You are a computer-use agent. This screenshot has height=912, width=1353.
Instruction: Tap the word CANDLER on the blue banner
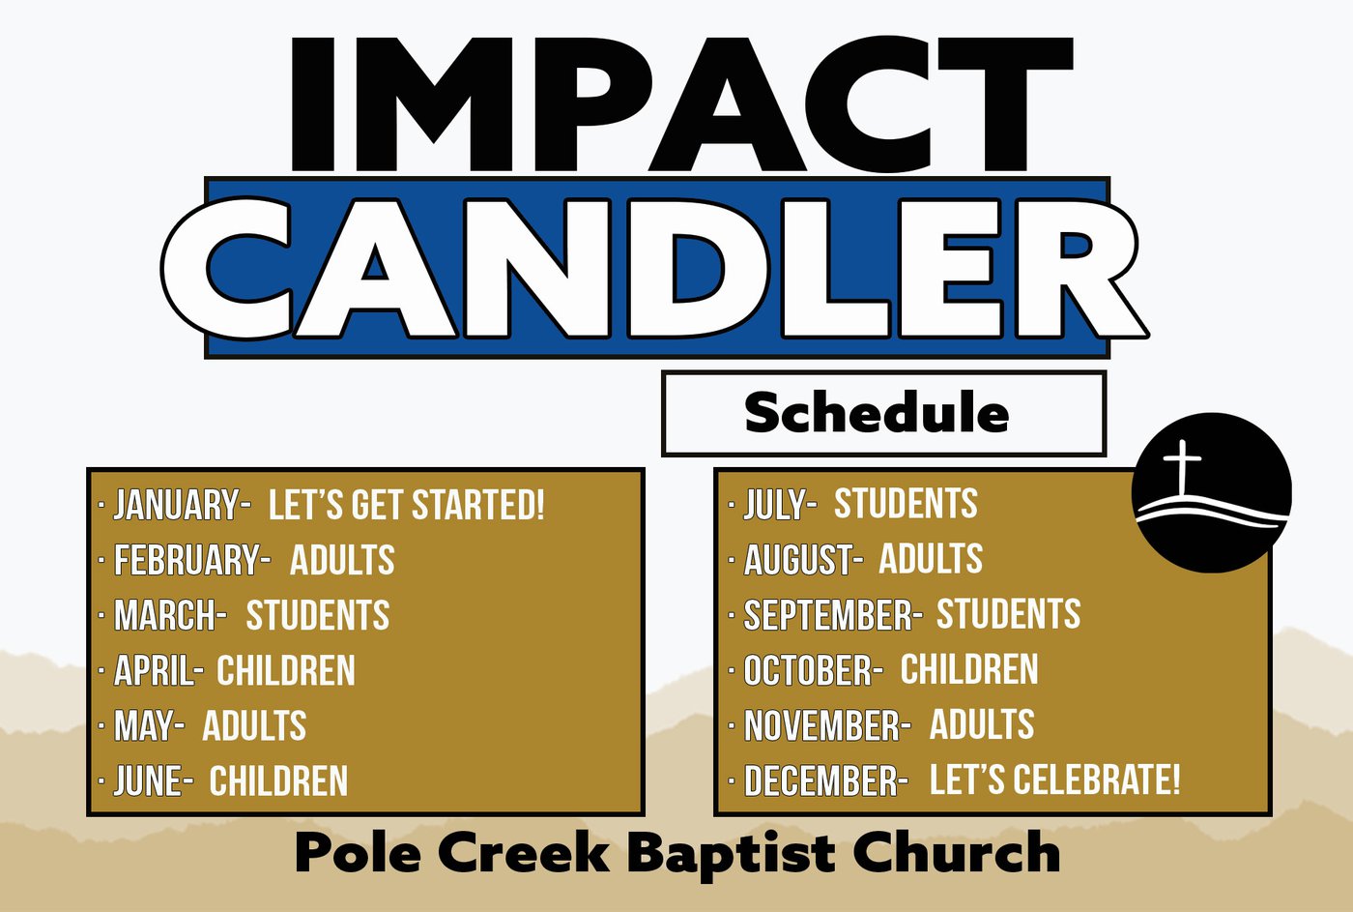655,268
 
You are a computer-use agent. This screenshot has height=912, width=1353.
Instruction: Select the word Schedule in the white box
877,412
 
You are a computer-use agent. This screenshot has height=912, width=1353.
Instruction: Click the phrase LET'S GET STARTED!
407,505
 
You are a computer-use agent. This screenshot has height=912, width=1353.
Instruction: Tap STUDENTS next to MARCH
318,615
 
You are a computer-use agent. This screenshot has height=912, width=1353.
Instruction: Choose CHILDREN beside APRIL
286,670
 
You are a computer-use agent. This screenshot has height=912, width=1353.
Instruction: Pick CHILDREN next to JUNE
278,780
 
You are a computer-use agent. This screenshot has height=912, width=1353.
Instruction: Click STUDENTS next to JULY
906,503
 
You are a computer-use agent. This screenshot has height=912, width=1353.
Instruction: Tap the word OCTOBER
808,669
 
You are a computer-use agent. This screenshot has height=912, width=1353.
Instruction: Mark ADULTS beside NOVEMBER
982,723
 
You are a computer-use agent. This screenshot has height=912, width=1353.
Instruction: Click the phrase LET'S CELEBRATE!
1054,780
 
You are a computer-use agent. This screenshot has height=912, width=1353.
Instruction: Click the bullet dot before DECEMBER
732,780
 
